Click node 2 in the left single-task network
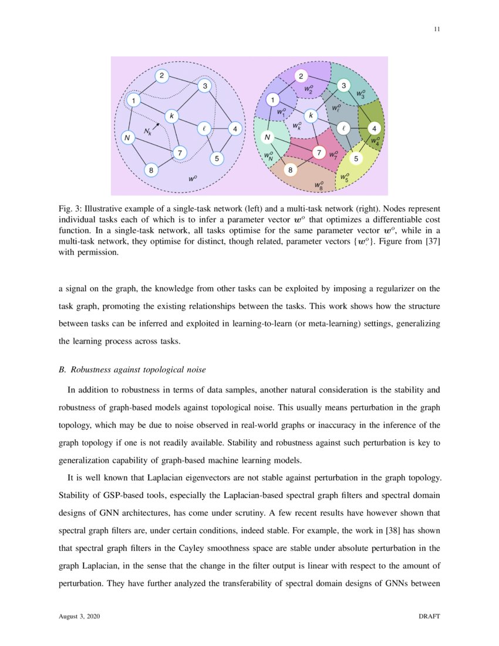click(162, 76)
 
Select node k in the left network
click(171, 116)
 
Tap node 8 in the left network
click(151, 170)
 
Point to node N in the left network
click(126, 138)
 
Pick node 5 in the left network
click(217, 158)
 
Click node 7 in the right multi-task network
click(319, 153)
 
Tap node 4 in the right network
click(373, 128)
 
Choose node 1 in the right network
click(272, 100)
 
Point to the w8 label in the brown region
click(319, 186)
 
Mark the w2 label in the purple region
click(309, 89)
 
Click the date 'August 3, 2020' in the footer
click(80, 617)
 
